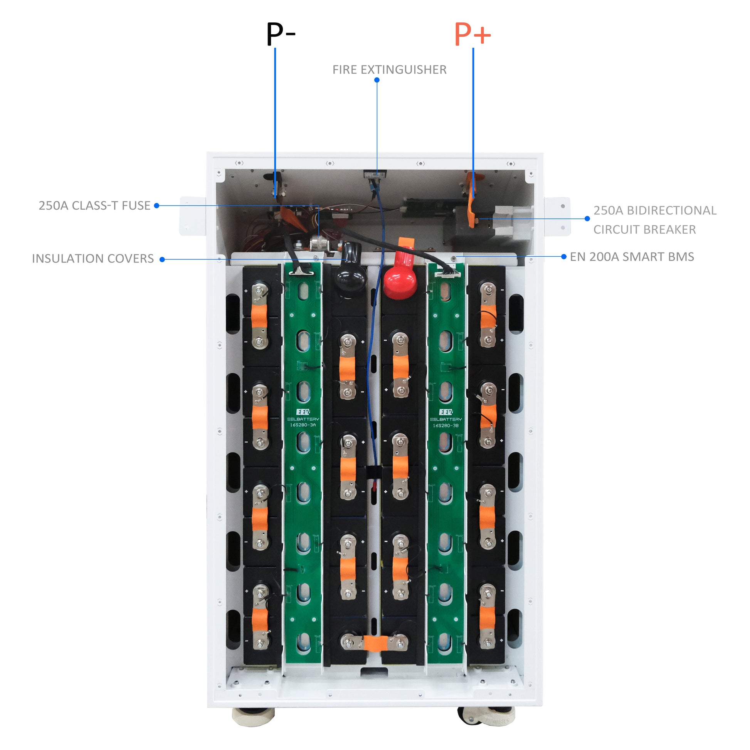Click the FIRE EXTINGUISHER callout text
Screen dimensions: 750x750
click(x=389, y=70)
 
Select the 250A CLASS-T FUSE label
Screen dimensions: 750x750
click(x=94, y=206)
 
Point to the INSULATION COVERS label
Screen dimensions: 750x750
click(x=93, y=259)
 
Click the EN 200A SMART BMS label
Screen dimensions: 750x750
click(x=632, y=257)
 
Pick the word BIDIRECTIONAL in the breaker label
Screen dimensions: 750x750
click(x=672, y=210)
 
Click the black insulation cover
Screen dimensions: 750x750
click(x=350, y=272)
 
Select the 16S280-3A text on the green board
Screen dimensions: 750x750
click(x=303, y=425)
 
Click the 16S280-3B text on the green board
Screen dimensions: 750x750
click(x=446, y=425)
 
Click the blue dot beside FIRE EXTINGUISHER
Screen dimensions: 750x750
click(x=377, y=80)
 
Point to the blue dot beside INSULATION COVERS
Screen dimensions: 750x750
click(x=162, y=259)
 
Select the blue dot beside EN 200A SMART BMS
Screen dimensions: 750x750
click(x=564, y=257)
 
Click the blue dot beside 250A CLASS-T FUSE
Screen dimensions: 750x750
click(x=156, y=206)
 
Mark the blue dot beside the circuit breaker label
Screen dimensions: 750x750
click(x=587, y=219)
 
